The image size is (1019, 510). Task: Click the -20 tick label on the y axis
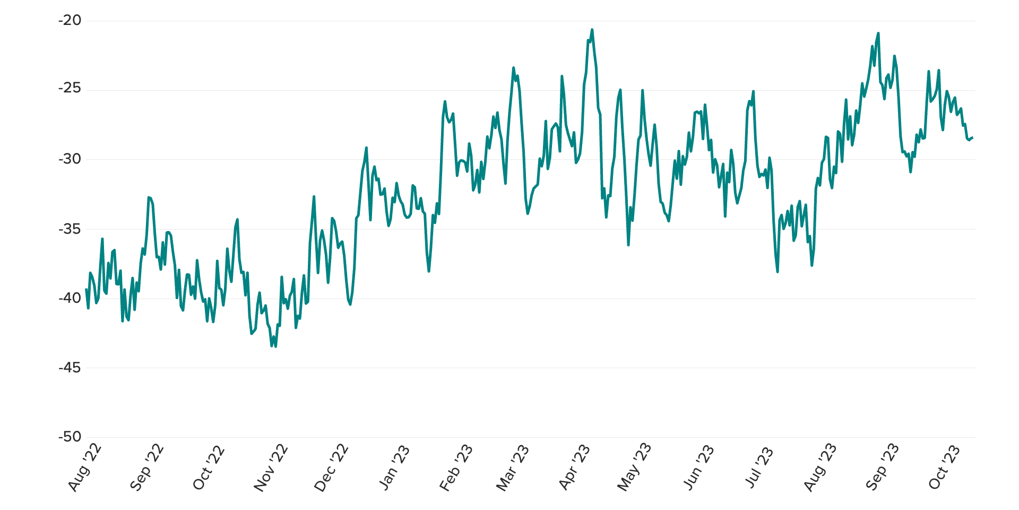[x=70, y=21]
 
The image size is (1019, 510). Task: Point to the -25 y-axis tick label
[x=70, y=88]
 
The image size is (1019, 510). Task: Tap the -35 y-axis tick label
[x=70, y=229]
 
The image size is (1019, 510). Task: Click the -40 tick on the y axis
[x=70, y=298]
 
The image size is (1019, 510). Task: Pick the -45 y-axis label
[x=70, y=368]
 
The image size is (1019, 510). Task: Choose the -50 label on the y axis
[x=70, y=437]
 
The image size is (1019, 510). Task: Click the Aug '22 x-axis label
[x=85, y=467]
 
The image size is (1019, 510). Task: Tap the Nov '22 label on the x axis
[x=271, y=467]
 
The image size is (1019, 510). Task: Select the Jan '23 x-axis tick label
[x=394, y=467]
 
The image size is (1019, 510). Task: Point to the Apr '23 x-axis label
[x=574, y=467]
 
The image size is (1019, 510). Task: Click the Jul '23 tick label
[x=759, y=467]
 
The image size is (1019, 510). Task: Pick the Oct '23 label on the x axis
[x=944, y=467]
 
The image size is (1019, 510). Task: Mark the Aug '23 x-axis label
[x=820, y=467]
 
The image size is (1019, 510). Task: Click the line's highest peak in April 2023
[x=592, y=30]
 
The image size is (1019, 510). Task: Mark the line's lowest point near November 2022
[x=275, y=346]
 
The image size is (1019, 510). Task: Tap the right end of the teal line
[x=972, y=138]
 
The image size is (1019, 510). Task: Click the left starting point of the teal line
[x=86, y=290]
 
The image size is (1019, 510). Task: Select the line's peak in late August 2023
[x=878, y=33]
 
